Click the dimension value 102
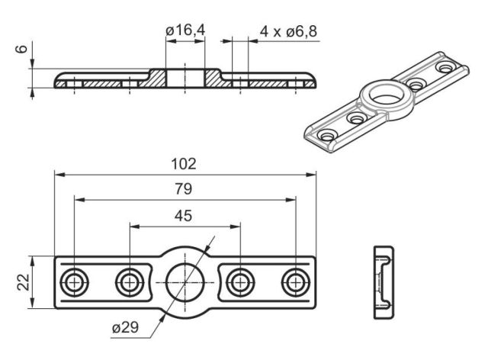(x=184, y=163)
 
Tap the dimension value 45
(x=184, y=215)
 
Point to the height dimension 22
(x=22, y=282)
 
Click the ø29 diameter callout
(x=124, y=328)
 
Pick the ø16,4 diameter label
(x=186, y=31)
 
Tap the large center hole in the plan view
(x=185, y=282)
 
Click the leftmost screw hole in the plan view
(x=74, y=282)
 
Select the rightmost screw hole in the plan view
(x=295, y=282)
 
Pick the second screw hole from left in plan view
(x=129, y=282)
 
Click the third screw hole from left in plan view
(x=240, y=282)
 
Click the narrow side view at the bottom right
(x=382, y=282)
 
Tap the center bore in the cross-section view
(x=185, y=77)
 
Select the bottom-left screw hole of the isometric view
(x=328, y=136)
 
